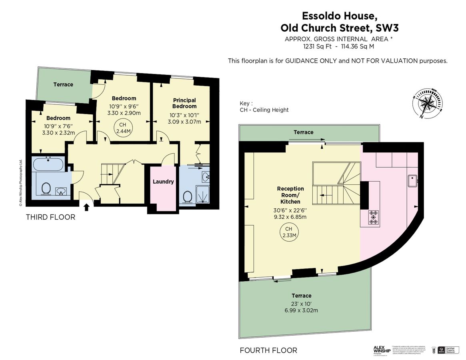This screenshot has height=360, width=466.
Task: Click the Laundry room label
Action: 163,182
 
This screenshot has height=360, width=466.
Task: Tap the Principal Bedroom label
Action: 184,103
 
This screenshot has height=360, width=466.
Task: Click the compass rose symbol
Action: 428,103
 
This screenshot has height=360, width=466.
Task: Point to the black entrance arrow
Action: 87,207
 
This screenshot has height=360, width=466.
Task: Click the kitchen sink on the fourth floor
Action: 413,181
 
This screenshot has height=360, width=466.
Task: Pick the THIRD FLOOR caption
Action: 50,217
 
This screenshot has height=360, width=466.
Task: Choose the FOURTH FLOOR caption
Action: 268,350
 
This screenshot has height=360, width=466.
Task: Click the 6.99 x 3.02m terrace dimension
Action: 302,310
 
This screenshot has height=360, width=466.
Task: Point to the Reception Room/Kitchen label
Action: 290,195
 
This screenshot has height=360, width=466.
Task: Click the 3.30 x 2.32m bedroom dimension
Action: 58,133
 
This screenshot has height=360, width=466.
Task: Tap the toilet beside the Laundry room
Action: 187,196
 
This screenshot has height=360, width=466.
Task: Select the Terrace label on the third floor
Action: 63,84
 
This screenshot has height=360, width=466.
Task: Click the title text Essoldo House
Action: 339,16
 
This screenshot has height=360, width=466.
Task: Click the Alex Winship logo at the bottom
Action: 381,350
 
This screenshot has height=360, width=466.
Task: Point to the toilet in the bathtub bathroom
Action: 46,188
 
